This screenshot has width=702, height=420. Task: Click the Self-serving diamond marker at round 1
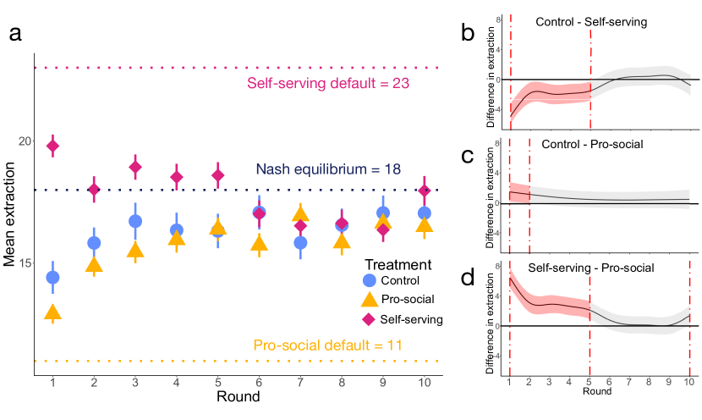[x=52, y=146]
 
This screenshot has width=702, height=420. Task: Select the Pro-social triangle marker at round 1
[x=52, y=313]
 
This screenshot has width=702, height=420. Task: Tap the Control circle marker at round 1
[x=52, y=278]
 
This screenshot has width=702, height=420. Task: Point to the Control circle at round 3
[x=134, y=221]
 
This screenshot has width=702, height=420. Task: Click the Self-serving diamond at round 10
[x=425, y=191]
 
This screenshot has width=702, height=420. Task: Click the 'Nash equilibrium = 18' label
[x=327, y=170]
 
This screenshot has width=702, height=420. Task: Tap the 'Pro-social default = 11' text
[x=327, y=345]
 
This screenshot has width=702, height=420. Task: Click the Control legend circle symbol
[x=369, y=280]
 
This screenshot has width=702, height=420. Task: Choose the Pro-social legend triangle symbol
[x=369, y=299]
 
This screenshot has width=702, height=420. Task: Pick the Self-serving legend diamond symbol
[x=369, y=319]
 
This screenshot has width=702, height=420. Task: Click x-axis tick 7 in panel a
[x=300, y=383]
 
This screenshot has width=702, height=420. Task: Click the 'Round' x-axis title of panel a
[x=238, y=397]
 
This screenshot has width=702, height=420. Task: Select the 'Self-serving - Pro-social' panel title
[x=590, y=268]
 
